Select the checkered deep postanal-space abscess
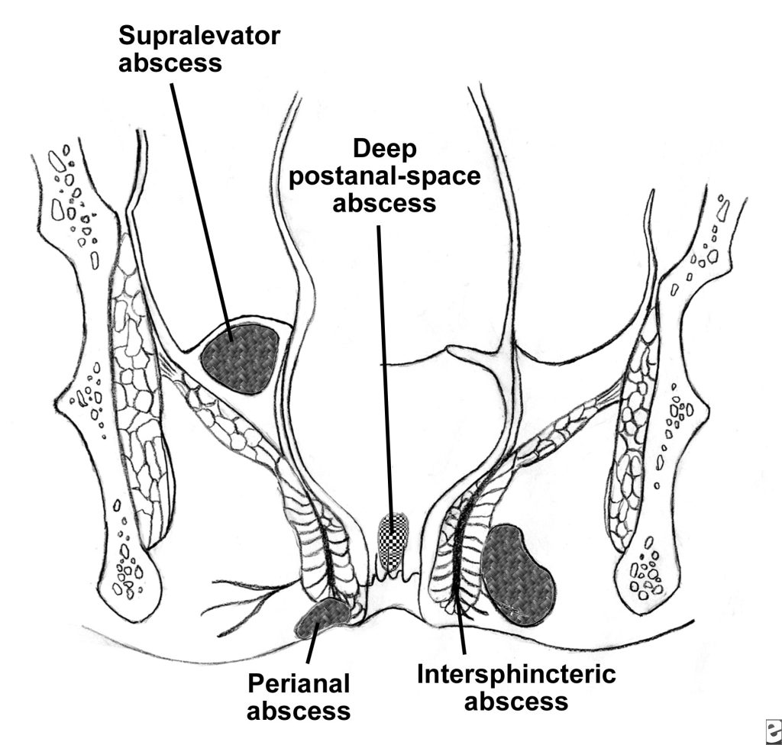point(393,543)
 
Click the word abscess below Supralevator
point(170,63)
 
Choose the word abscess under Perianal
point(299,711)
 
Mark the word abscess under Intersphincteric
point(516,701)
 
